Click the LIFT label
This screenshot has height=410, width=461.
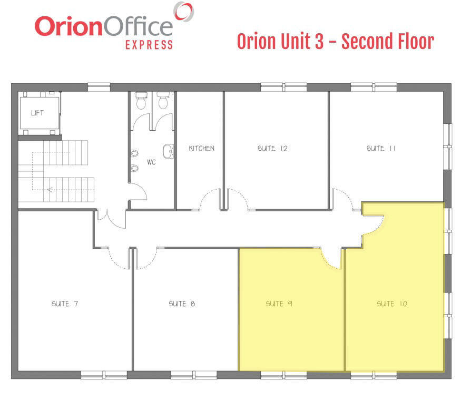pyautogui.click(x=37, y=113)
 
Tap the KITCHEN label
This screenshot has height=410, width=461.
pyautogui.click(x=202, y=148)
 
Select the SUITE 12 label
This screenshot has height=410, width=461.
pyautogui.click(x=272, y=148)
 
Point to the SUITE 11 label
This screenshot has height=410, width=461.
pyautogui.click(x=381, y=148)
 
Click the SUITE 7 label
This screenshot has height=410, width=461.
pyautogui.click(x=65, y=304)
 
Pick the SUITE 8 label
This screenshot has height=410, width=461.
pyautogui.click(x=182, y=304)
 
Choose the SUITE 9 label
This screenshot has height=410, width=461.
pyautogui.click(x=279, y=304)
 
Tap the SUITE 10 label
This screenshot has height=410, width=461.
pyautogui.click(x=392, y=304)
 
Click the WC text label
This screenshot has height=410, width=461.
pyautogui.click(x=151, y=162)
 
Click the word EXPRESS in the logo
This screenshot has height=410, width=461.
pyautogui.click(x=149, y=45)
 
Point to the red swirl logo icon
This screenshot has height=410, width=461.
pyautogui.click(x=184, y=11)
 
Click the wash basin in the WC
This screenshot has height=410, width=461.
pyautogui.click(x=168, y=151)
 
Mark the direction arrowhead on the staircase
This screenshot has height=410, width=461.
pyautogui.click(x=50, y=190)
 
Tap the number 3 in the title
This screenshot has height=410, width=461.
pyautogui.click(x=319, y=41)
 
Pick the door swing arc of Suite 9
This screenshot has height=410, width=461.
pyautogui.click(x=329, y=261)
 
